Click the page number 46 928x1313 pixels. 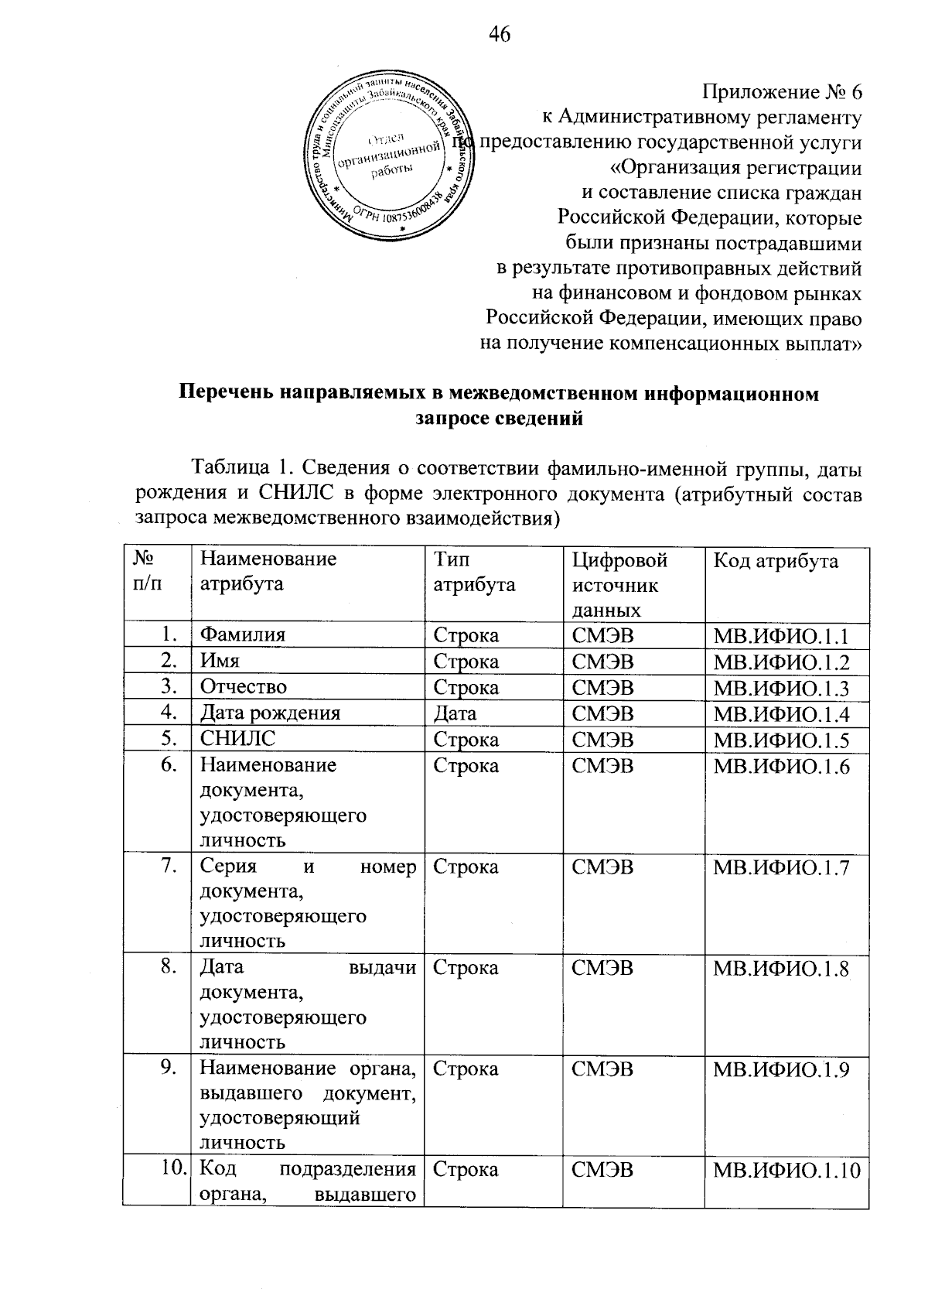pyautogui.click(x=500, y=33)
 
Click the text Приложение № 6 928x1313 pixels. pyautogui.click(x=781, y=93)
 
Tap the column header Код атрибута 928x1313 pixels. pyautogui.click(x=775, y=561)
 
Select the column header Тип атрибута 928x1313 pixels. pyautogui.click(x=474, y=572)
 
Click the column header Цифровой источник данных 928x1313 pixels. pyautogui.click(x=619, y=584)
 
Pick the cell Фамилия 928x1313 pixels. pyautogui.click(x=243, y=635)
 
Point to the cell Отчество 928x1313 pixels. pyautogui.click(x=244, y=687)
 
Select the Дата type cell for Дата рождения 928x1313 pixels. pyautogui.click(x=455, y=713)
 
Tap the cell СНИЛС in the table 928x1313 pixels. pyautogui.click(x=237, y=739)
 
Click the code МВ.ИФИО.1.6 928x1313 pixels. pyautogui.click(x=781, y=767)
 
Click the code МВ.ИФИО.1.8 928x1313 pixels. pyautogui.click(x=781, y=969)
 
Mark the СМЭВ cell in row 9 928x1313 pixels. pyautogui.click(x=602, y=1069)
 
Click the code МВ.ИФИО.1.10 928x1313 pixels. pyautogui.click(x=786, y=1171)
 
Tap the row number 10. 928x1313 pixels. pyautogui.click(x=173, y=1169)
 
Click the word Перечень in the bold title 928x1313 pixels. pyautogui.click(x=224, y=394)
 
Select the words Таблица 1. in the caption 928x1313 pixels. pyautogui.click(x=240, y=469)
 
